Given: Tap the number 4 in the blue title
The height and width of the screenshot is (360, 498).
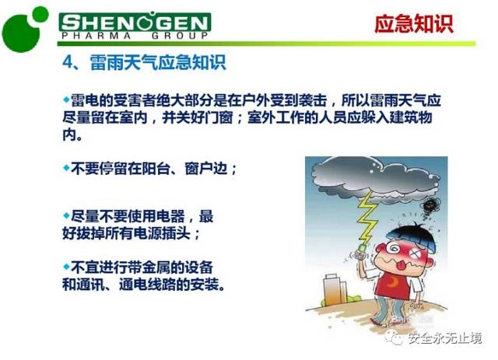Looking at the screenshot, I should (x=67, y=62).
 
